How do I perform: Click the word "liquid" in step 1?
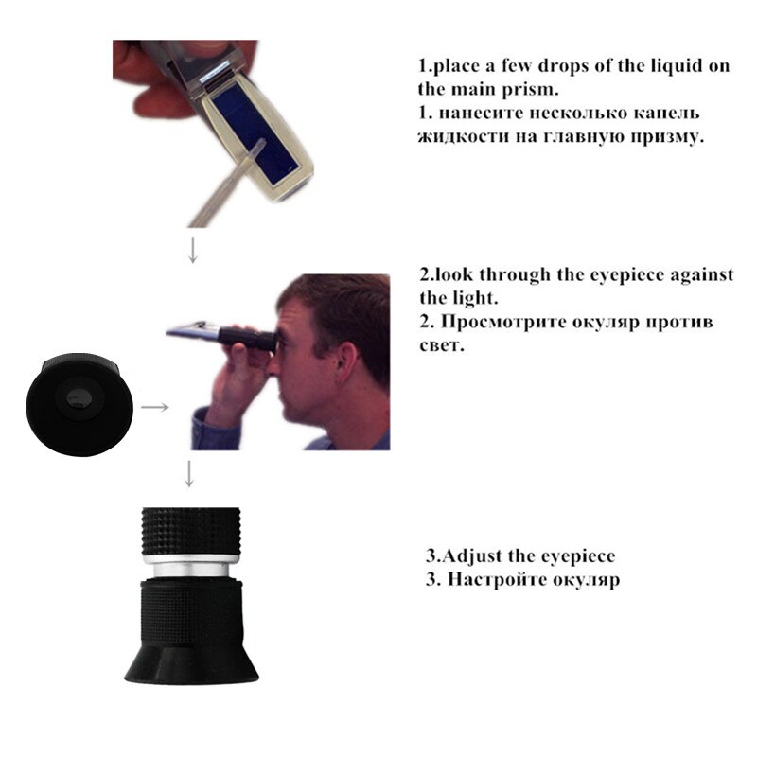pos(677,65)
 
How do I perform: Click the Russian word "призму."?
pos(669,137)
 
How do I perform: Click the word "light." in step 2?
pos(475,298)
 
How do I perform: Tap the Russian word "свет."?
pos(442,345)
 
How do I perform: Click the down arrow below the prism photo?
pos(193,250)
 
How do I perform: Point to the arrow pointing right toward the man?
pos(155,407)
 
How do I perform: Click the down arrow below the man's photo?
pos(189,474)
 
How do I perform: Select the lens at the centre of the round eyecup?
pos(79,399)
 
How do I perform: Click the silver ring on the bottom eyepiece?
pos(191,565)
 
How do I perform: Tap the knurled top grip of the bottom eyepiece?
pos(191,532)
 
